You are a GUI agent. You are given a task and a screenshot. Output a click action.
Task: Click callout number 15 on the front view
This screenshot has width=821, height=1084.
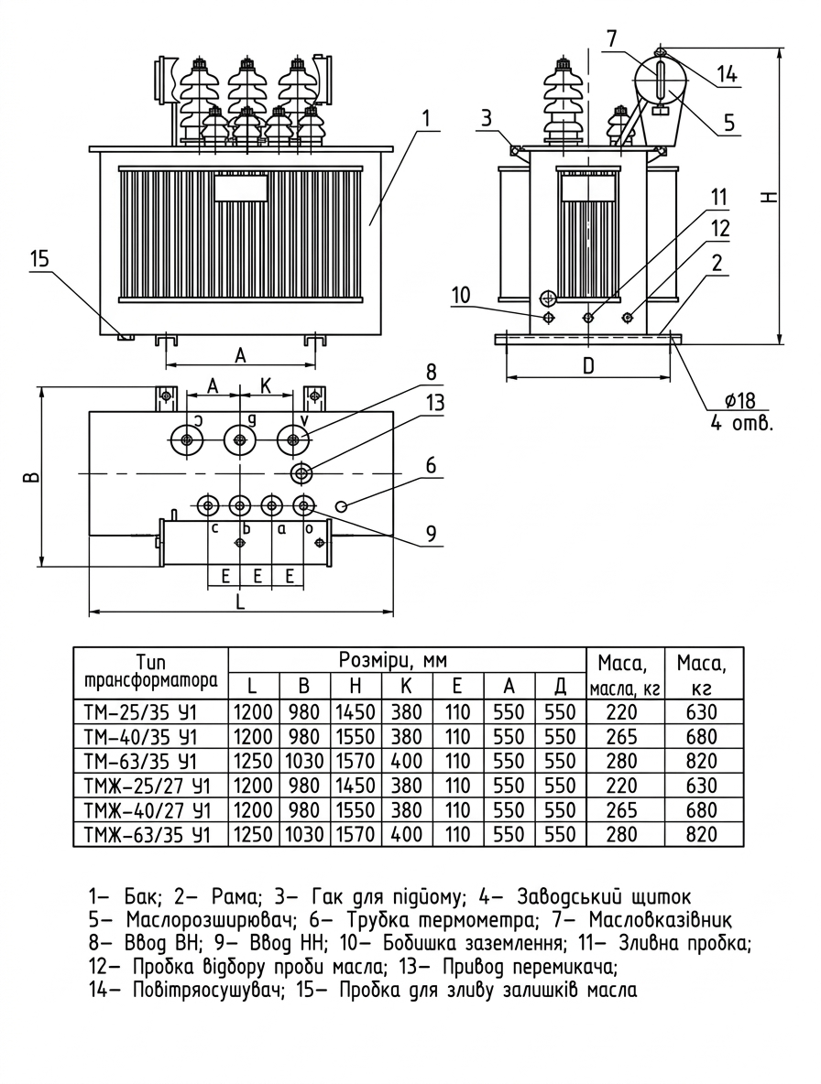click(40, 258)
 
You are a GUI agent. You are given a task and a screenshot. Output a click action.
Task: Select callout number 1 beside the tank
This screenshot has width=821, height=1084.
click(427, 118)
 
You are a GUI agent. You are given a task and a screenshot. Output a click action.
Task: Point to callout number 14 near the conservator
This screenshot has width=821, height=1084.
click(727, 74)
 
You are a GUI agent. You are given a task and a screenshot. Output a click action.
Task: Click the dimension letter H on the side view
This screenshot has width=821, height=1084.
click(772, 197)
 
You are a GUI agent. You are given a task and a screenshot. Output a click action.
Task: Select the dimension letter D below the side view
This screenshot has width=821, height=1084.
click(588, 365)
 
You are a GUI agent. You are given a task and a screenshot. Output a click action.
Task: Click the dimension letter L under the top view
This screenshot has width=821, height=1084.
click(240, 602)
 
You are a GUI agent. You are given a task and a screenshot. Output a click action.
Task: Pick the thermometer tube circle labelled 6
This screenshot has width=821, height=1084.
click(341, 506)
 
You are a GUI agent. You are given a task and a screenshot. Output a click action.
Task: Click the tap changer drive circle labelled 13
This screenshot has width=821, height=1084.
click(301, 473)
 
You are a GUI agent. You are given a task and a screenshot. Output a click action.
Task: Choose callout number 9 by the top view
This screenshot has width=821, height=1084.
click(431, 533)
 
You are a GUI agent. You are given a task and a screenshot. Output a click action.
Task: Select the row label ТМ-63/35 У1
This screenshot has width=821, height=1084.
click(140, 761)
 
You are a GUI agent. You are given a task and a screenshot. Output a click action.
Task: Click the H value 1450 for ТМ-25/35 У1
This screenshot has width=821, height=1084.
click(356, 712)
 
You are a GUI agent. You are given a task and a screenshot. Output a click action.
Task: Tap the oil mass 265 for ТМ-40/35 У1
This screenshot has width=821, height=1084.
click(621, 736)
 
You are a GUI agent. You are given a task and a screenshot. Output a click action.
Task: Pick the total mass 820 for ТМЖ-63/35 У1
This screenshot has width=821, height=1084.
click(701, 834)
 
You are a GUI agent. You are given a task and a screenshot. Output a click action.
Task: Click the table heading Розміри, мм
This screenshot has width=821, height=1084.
click(393, 660)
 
